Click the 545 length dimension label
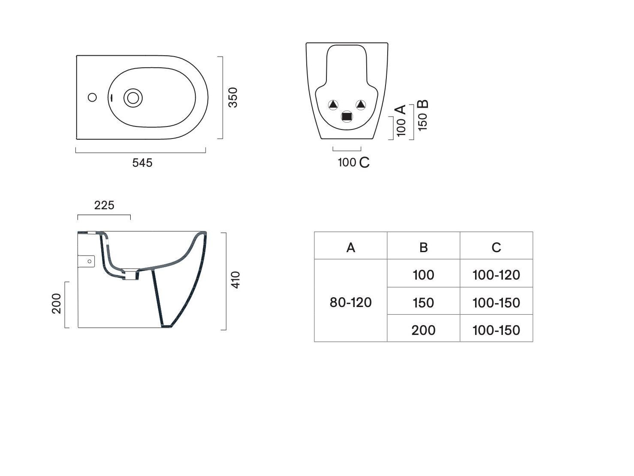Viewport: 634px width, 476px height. pyautogui.click(x=142, y=163)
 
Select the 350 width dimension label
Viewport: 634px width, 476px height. pyautogui.click(x=233, y=97)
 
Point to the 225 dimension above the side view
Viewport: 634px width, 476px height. pyautogui.click(x=104, y=205)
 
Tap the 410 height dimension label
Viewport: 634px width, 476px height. pyautogui.click(x=236, y=280)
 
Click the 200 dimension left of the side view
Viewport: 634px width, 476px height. pyautogui.click(x=57, y=304)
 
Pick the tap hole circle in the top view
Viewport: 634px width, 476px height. pyautogui.click(x=92, y=97)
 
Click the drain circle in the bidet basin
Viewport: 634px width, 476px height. pyautogui.click(x=133, y=98)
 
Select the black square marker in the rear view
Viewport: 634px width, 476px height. pyautogui.click(x=347, y=117)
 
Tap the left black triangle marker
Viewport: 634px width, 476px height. pyautogui.click(x=333, y=105)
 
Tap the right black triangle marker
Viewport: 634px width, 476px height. pyautogui.click(x=361, y=104)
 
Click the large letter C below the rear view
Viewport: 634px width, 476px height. pyautogui.click(x=365, y=163)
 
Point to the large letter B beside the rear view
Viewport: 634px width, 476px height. pyautogui.click(x=423, y=104)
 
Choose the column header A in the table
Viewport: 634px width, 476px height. pyautogui.click(x=351, y=248)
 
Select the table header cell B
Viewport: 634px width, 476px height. pyautogui.click(x=423, y=248)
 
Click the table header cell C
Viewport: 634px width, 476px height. pyautogui.click(x=496, y=248)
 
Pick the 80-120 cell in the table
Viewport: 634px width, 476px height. pyautogui.click(x=351, y=303)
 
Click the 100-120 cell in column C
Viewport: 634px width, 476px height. pyautogui.click(x=496, y=275)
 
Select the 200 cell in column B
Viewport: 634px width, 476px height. pyautogui.click(x=423, y=330)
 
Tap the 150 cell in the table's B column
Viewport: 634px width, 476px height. pyautogui.click(x=423, y=303)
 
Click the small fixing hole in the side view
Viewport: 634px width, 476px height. pyautogui.click(x=90, y=261)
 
